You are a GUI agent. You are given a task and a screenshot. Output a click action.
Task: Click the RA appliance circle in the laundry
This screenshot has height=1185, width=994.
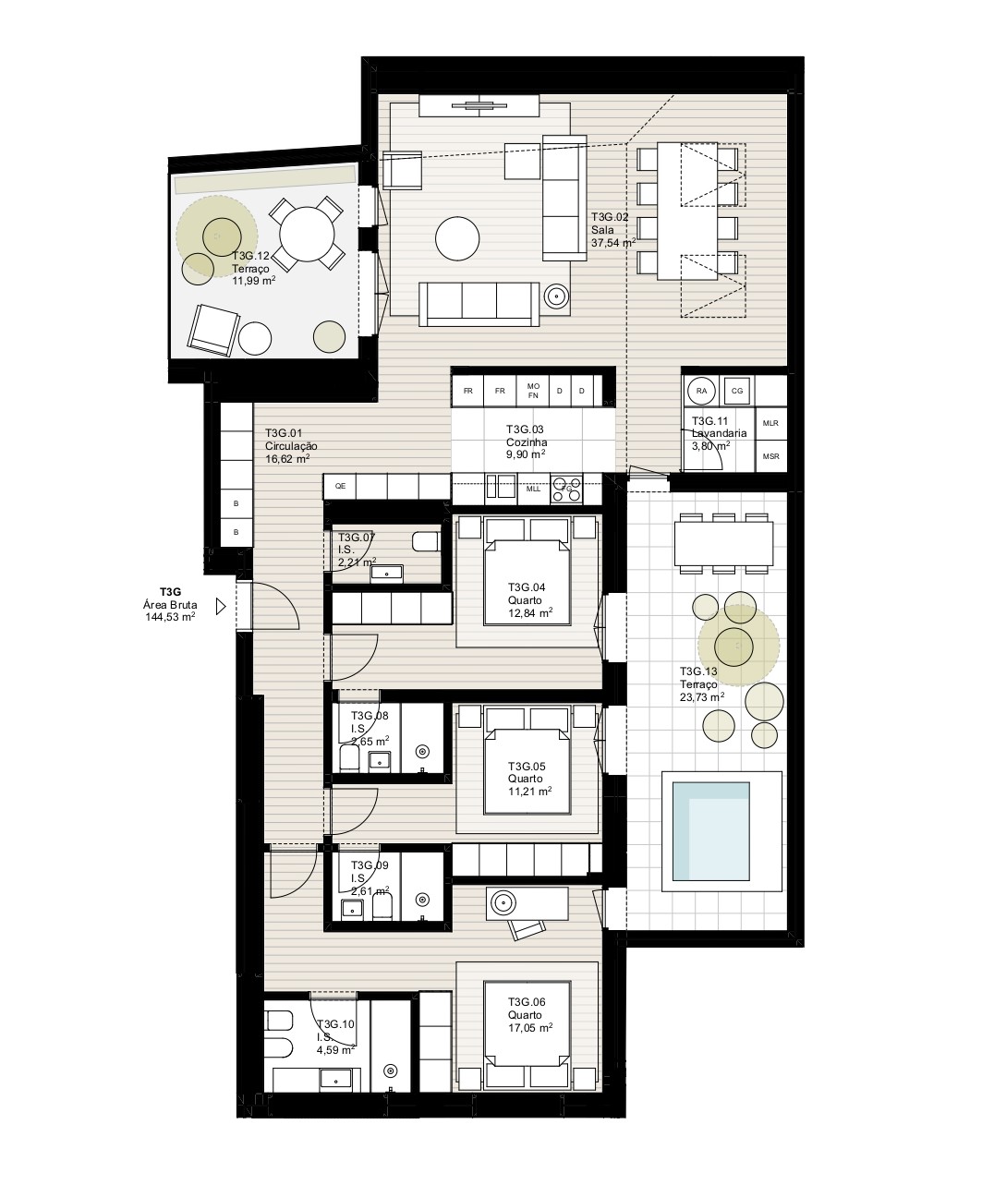pos(701,391)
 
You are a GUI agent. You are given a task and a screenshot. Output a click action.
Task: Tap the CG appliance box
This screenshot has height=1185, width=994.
pos(736,391)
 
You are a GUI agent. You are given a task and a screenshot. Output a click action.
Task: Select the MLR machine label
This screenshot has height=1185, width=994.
pos(770,423)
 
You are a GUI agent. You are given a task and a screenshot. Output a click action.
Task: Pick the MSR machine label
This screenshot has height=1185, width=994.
pos(770,456)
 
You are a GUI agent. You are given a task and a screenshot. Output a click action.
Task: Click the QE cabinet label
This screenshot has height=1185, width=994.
pos(340,486)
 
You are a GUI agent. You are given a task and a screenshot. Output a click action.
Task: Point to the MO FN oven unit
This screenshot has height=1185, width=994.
pos(532,391)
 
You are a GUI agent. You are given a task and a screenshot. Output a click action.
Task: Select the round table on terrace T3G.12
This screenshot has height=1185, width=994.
pos(307,235)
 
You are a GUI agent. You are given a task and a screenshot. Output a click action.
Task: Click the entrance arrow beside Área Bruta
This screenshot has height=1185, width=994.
pos(221,607)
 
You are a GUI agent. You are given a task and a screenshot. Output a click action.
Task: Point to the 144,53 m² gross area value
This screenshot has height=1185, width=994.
pos(170,617)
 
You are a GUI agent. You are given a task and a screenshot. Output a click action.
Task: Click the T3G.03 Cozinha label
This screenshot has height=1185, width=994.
pos(527,436)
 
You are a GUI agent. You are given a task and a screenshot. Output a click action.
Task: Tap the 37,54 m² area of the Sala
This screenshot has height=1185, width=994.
pos(613,243)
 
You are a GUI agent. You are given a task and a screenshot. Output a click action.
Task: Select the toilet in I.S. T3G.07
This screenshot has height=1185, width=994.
pos(426,541)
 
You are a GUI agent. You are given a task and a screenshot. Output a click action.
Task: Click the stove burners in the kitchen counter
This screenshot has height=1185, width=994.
pos(566,488)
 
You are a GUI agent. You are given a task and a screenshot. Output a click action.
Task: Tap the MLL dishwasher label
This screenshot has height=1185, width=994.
pos(533,489)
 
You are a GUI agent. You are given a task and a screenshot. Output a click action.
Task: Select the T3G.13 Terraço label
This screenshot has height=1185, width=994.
pos(698,678)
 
